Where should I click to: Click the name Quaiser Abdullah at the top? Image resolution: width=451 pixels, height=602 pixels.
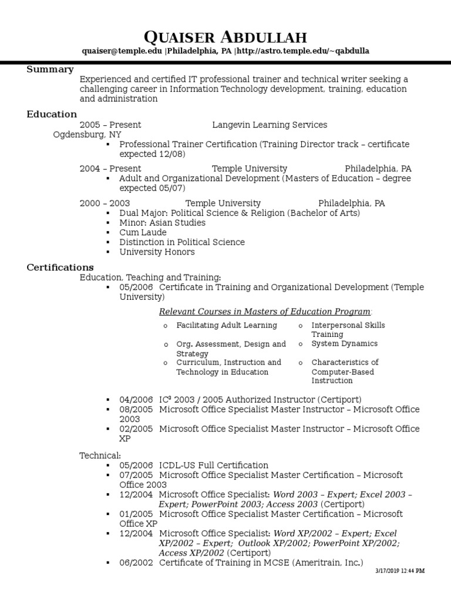225,38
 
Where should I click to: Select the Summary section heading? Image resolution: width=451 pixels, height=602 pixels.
50,69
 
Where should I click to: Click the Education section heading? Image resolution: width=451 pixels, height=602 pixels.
52,114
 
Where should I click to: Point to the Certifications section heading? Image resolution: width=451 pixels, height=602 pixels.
60,267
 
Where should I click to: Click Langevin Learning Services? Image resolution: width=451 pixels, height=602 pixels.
269,125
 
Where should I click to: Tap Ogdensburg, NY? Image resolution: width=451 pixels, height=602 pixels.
87,134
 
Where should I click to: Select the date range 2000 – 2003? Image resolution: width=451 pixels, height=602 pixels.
105,203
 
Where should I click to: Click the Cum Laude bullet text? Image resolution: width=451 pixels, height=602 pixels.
143,232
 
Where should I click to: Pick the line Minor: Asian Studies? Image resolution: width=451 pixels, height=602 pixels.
162,223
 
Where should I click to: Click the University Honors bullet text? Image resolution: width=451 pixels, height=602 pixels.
157,252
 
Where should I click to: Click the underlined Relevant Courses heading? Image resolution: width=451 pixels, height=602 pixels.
265,311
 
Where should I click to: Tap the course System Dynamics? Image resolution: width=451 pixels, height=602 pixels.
344,343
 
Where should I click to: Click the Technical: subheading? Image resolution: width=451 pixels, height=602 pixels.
100,455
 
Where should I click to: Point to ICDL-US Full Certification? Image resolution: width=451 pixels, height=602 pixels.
214,465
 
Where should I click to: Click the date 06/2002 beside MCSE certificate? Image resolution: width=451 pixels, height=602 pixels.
136,563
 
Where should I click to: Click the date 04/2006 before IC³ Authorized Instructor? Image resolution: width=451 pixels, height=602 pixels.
136,399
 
